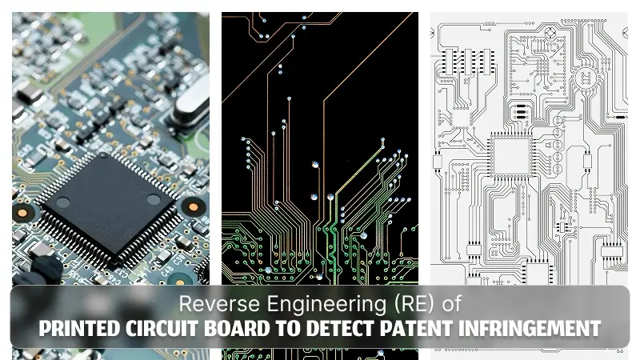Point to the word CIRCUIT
coord(162,329)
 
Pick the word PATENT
coord(417,329)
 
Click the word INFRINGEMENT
coord(530,329)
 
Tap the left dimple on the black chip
coord(63,202)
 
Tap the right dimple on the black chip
coord(154,199)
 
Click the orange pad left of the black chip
coord(22,213)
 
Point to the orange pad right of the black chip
coord(194,207)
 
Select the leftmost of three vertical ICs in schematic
coord(450,62)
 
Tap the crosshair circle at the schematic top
coord(550,32)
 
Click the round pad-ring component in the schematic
coord(586,78)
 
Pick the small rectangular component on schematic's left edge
coord(437,162)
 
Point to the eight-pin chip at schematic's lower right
coord(612,250)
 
